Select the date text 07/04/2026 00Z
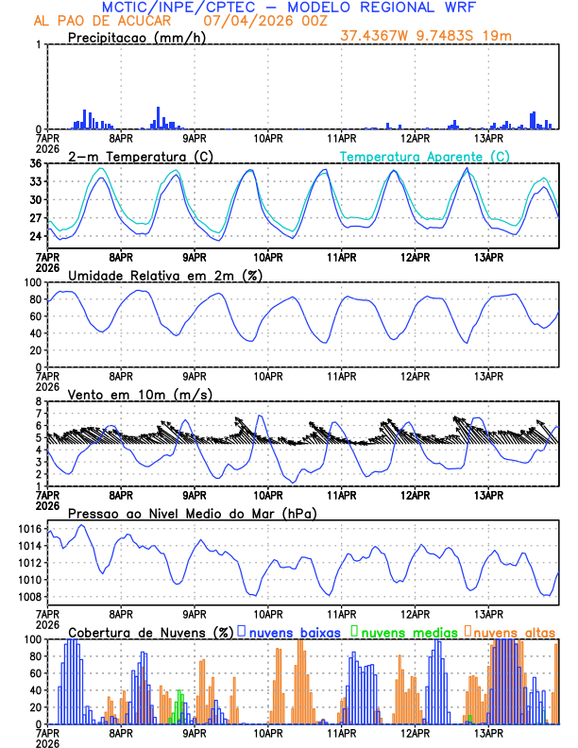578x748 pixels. coord(256,21)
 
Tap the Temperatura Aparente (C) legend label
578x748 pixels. coord(424,156)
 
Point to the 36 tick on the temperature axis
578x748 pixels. coord(35,163)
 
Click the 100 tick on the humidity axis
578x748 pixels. coord(32,282)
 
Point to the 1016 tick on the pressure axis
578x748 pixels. coord(29,529)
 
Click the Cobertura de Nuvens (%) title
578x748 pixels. coord(149,632)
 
